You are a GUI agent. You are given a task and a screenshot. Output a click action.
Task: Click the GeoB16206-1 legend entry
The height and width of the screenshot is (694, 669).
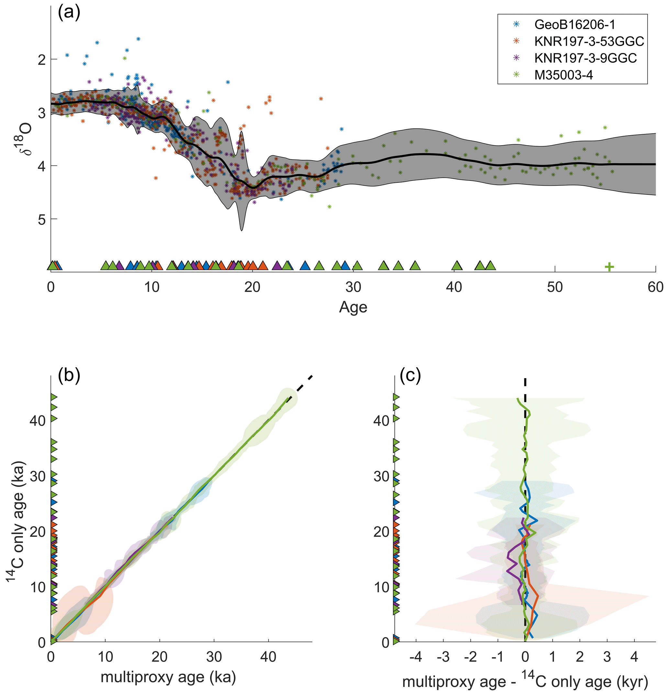(x=574, y=25)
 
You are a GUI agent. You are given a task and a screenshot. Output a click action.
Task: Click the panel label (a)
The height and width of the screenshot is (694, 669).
(x=69, y=13)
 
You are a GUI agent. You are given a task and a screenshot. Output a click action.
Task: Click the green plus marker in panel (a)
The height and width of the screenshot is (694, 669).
(x=609, y=267)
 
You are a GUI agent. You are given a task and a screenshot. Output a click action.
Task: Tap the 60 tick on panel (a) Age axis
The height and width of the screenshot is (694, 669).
(x=655, y=287)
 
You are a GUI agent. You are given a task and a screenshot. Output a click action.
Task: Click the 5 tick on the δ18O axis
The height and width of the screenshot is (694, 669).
(x=42, y=220)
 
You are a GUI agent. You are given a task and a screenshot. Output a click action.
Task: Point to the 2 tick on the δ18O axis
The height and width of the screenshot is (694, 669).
(x=42, y=60)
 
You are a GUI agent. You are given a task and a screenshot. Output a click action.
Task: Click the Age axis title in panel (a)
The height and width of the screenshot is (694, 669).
(x=353, y=307)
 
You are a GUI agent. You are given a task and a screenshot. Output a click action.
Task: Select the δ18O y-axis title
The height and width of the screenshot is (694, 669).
(x=25, y=139)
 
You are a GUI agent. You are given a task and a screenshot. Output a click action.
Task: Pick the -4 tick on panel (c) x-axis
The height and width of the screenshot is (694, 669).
(x=416, y=657)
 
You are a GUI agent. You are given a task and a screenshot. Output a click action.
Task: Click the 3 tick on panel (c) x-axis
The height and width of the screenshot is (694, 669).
(x=607, y=657)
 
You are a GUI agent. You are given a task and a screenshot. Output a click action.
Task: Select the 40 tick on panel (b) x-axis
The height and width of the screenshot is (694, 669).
(x=268, y=657)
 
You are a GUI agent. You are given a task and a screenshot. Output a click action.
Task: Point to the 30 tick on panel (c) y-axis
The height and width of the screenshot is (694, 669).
(x=381, y=477)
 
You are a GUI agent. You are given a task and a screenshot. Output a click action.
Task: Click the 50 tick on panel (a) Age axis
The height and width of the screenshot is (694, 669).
(x=555, y=287)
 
